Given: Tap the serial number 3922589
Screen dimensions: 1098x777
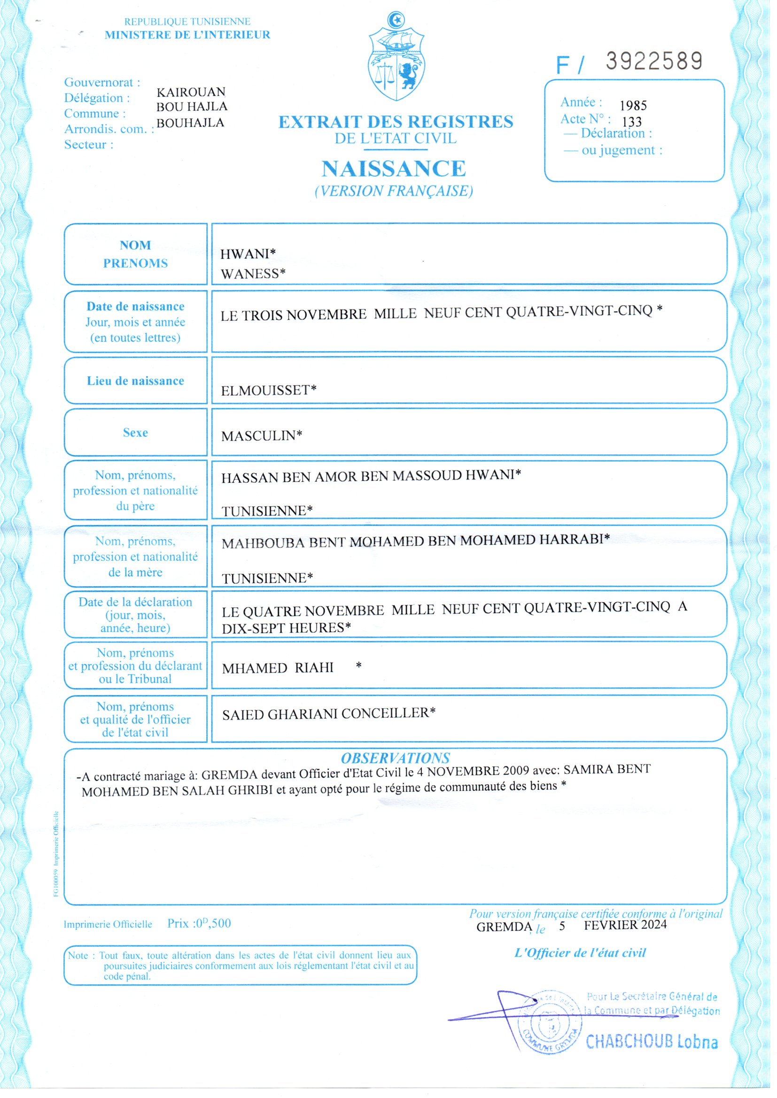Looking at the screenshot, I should (x=653, y=61).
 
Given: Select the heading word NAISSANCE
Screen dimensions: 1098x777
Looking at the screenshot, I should (x=393, y=168).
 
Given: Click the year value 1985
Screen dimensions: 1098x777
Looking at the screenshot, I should (x=633, y=106).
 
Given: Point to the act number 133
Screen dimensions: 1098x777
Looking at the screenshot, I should (x=631, y=122).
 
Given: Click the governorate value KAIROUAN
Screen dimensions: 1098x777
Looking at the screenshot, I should (x=191, y=92).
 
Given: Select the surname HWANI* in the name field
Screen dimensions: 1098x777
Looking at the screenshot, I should (x=248, y=254).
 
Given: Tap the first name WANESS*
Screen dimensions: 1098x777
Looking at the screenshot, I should (x=253, y=273).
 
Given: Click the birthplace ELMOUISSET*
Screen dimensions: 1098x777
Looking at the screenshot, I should (x=268, y=390).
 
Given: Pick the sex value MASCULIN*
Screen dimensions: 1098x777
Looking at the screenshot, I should (x=261, y=436).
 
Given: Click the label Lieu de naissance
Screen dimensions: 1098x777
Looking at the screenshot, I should (x=135, y=381).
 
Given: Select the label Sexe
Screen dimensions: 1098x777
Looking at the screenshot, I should (x=135, y=433).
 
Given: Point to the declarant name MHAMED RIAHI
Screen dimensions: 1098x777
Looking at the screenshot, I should (x=278, y=668).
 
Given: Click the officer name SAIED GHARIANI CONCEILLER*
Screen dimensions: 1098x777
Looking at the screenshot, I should (x=329, y=714).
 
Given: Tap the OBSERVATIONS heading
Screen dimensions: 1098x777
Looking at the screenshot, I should (x=395, y=758).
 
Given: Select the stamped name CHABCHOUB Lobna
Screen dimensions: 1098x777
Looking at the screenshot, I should (x=652, y=1042).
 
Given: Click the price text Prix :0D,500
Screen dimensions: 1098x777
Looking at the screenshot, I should (x=199, y=923).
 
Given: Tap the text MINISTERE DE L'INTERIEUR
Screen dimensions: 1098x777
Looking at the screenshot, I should (x=187, y=35).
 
